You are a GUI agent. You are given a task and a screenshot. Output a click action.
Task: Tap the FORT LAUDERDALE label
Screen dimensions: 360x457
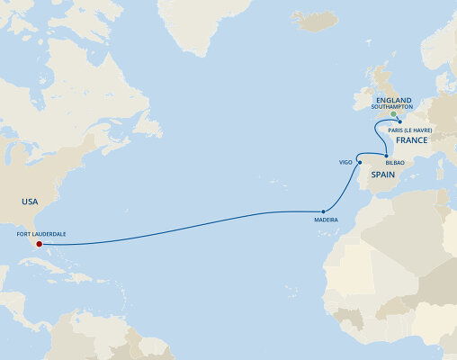pos(40,232)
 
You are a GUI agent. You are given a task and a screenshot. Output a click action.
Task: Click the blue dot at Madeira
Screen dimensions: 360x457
pos(323,211)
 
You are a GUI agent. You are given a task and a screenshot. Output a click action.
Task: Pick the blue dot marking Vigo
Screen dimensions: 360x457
pos(359,163)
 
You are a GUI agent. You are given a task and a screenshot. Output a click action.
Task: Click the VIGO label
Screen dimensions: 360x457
pos(345,163)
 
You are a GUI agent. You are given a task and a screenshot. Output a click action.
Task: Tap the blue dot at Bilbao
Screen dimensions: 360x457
pos(386,156)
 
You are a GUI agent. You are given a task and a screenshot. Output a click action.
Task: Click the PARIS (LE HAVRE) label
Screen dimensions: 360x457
pos(410,130)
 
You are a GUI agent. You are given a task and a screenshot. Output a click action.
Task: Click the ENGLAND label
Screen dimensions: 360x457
pos(394,100)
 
